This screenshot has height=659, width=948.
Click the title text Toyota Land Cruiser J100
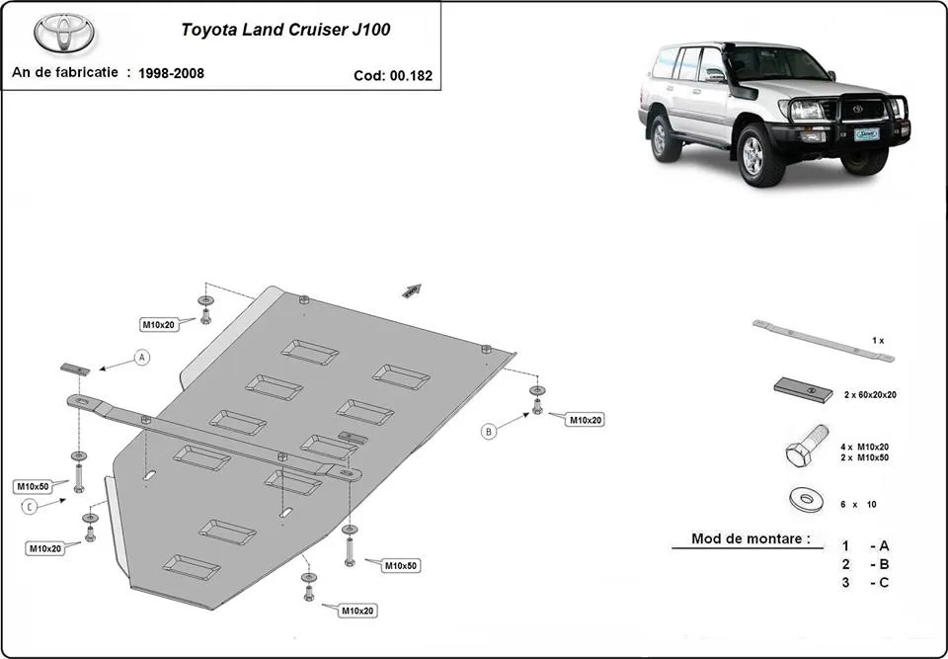click(284, 29)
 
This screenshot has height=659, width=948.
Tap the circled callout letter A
click(142, 357)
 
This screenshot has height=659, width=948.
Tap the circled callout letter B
click(489, 430)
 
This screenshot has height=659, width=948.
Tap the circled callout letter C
click(30, 507)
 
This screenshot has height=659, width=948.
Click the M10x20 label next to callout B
click(583, 420)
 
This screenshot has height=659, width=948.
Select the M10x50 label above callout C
click(32, 486)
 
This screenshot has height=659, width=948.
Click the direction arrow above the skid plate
click(412, 289)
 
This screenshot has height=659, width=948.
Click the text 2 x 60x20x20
click(869, 394)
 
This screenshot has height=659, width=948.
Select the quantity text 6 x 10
click(858, 504)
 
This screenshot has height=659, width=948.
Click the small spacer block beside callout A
click(75, 368)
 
